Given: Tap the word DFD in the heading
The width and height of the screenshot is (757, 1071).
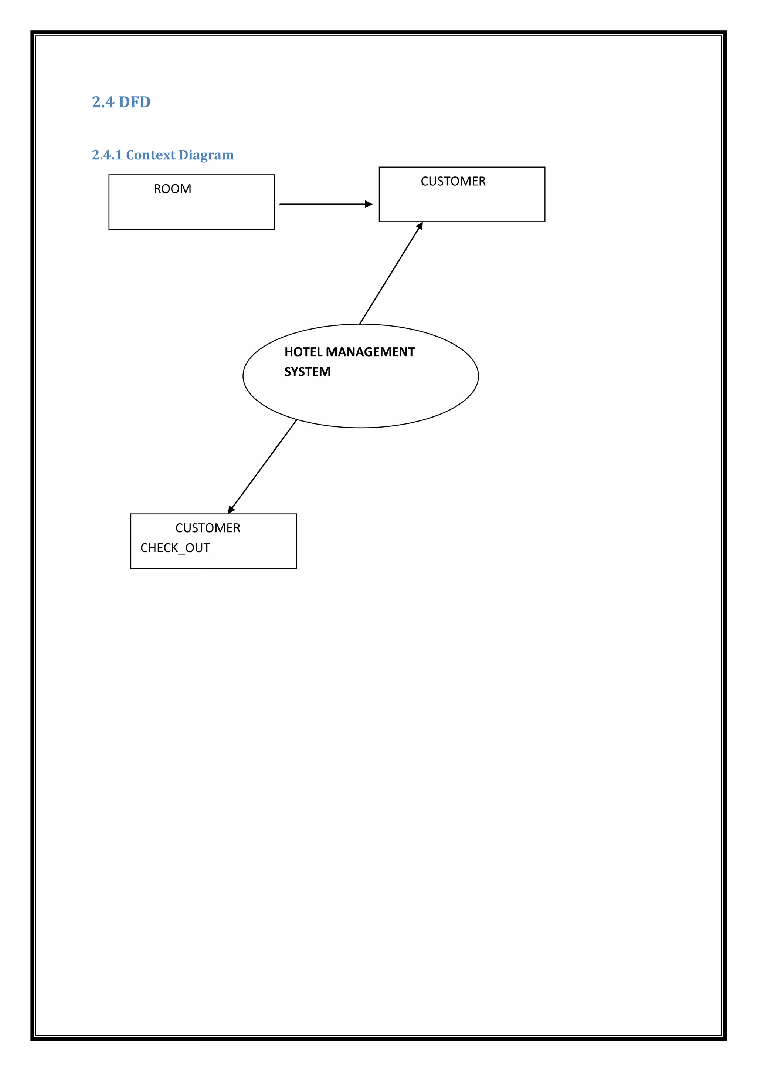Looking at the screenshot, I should click(135, 102).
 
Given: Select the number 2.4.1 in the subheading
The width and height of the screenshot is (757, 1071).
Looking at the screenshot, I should click(107, 155).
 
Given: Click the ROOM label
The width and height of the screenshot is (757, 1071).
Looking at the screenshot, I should click(173, 189).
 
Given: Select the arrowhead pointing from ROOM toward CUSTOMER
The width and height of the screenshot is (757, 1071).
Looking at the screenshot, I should click(369, 204).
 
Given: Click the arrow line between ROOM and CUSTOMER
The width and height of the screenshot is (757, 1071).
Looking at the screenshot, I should click(322, 204).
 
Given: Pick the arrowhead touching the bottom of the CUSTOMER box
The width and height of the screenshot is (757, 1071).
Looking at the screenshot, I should click(420, 226).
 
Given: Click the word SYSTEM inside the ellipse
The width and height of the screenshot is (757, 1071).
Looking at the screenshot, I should click(308, 372).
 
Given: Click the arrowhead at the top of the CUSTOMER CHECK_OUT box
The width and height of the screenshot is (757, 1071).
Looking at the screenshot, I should click(231, 510).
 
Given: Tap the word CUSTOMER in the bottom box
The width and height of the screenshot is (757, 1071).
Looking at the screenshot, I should click(208, 528).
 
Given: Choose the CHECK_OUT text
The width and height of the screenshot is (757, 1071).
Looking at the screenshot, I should click(175, 548).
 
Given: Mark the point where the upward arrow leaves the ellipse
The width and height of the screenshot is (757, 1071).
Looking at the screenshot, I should click(360, 324).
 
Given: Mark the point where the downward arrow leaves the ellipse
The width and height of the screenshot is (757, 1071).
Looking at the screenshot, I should click(296, 420).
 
